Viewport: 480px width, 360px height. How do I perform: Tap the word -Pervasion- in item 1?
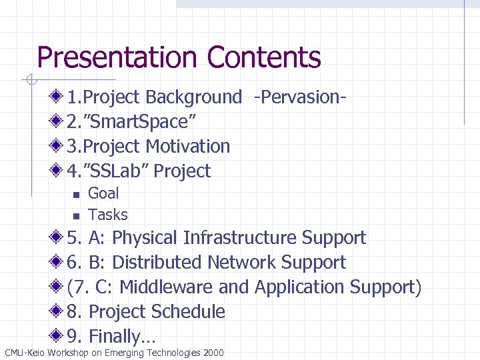299,97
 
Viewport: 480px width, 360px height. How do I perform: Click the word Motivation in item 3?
187,147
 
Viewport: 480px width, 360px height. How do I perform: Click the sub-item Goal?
103,193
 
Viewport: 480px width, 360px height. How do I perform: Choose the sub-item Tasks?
108,215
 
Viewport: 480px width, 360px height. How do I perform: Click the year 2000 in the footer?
213,353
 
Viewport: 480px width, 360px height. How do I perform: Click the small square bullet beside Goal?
75,195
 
